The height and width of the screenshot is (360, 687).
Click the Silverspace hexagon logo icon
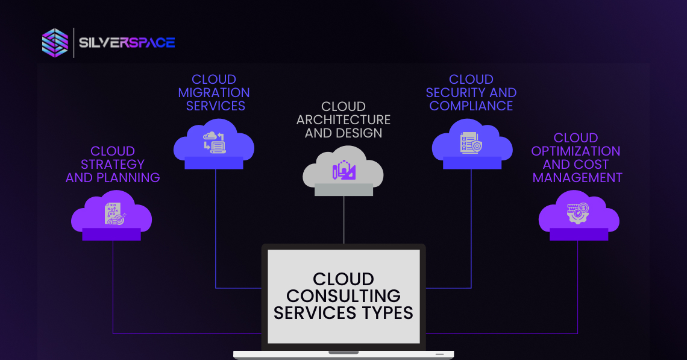(55, 43)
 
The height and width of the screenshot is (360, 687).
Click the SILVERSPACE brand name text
(127, 43)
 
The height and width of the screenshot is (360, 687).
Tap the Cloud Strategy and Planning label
(113, 164)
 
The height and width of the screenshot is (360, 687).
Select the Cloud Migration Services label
(214, 92)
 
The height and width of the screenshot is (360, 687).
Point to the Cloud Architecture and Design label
(343, 119)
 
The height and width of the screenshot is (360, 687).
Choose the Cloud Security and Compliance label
(471, 92)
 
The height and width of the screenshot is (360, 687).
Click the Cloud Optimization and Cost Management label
(577, 157)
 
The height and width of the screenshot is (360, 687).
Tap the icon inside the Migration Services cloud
(215, 142)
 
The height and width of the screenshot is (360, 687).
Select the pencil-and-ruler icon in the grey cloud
(344, 170)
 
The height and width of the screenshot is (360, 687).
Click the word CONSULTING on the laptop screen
(343, 296)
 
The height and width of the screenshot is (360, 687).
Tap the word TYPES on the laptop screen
(387, 313)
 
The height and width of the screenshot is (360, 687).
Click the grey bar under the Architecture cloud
(343, 189)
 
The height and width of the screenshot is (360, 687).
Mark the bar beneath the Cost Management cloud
(579, 235)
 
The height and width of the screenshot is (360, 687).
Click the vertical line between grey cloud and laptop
(344, 220)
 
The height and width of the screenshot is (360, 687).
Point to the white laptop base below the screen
(343, 355)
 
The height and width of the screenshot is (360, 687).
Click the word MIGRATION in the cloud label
(214, 93)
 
